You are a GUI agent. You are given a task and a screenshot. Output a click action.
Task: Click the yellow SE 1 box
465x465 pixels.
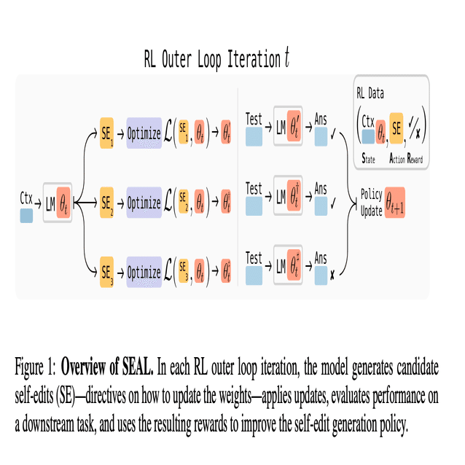tap(106, 133)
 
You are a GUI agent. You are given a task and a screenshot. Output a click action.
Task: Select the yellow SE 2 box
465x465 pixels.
tap(106, 202)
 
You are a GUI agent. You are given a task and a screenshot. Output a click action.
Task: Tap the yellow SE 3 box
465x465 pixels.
tap(106, 272)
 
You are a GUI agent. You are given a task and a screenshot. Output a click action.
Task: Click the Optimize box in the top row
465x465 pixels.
tap(144, 133)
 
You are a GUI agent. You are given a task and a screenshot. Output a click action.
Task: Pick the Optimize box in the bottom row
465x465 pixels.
tap(144, 272)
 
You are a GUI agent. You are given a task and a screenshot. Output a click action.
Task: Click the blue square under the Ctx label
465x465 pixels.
tap(26, 216)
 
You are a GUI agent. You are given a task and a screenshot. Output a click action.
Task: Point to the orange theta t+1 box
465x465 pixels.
tap(395, 203)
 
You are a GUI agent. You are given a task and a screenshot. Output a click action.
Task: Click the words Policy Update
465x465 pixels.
tap(371, 203)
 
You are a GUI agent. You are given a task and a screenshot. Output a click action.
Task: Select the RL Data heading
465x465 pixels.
tap(370, 93)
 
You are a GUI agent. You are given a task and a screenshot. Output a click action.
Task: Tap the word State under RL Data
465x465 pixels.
tap(368, 158)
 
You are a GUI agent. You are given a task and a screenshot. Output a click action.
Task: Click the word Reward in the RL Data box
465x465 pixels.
tap(415, 158)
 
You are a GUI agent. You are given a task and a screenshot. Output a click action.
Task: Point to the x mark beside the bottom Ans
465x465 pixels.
tap(332, 276)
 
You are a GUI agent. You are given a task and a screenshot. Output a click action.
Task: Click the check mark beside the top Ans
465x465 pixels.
tap(333, 134)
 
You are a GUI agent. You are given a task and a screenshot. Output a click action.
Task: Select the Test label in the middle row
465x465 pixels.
tap(254, 189)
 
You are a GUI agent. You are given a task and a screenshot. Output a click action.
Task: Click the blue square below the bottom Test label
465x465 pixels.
tap(254, 276)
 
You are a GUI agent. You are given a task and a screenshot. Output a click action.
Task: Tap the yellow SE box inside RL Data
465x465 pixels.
tap(396, 128)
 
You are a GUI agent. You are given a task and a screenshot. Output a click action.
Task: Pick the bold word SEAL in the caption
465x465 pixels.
tap(138, 367)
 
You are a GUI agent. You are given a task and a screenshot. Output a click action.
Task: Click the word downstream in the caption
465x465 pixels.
tap(49, 424)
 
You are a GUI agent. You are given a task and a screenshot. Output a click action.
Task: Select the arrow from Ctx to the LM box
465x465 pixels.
tap(38, 203)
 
